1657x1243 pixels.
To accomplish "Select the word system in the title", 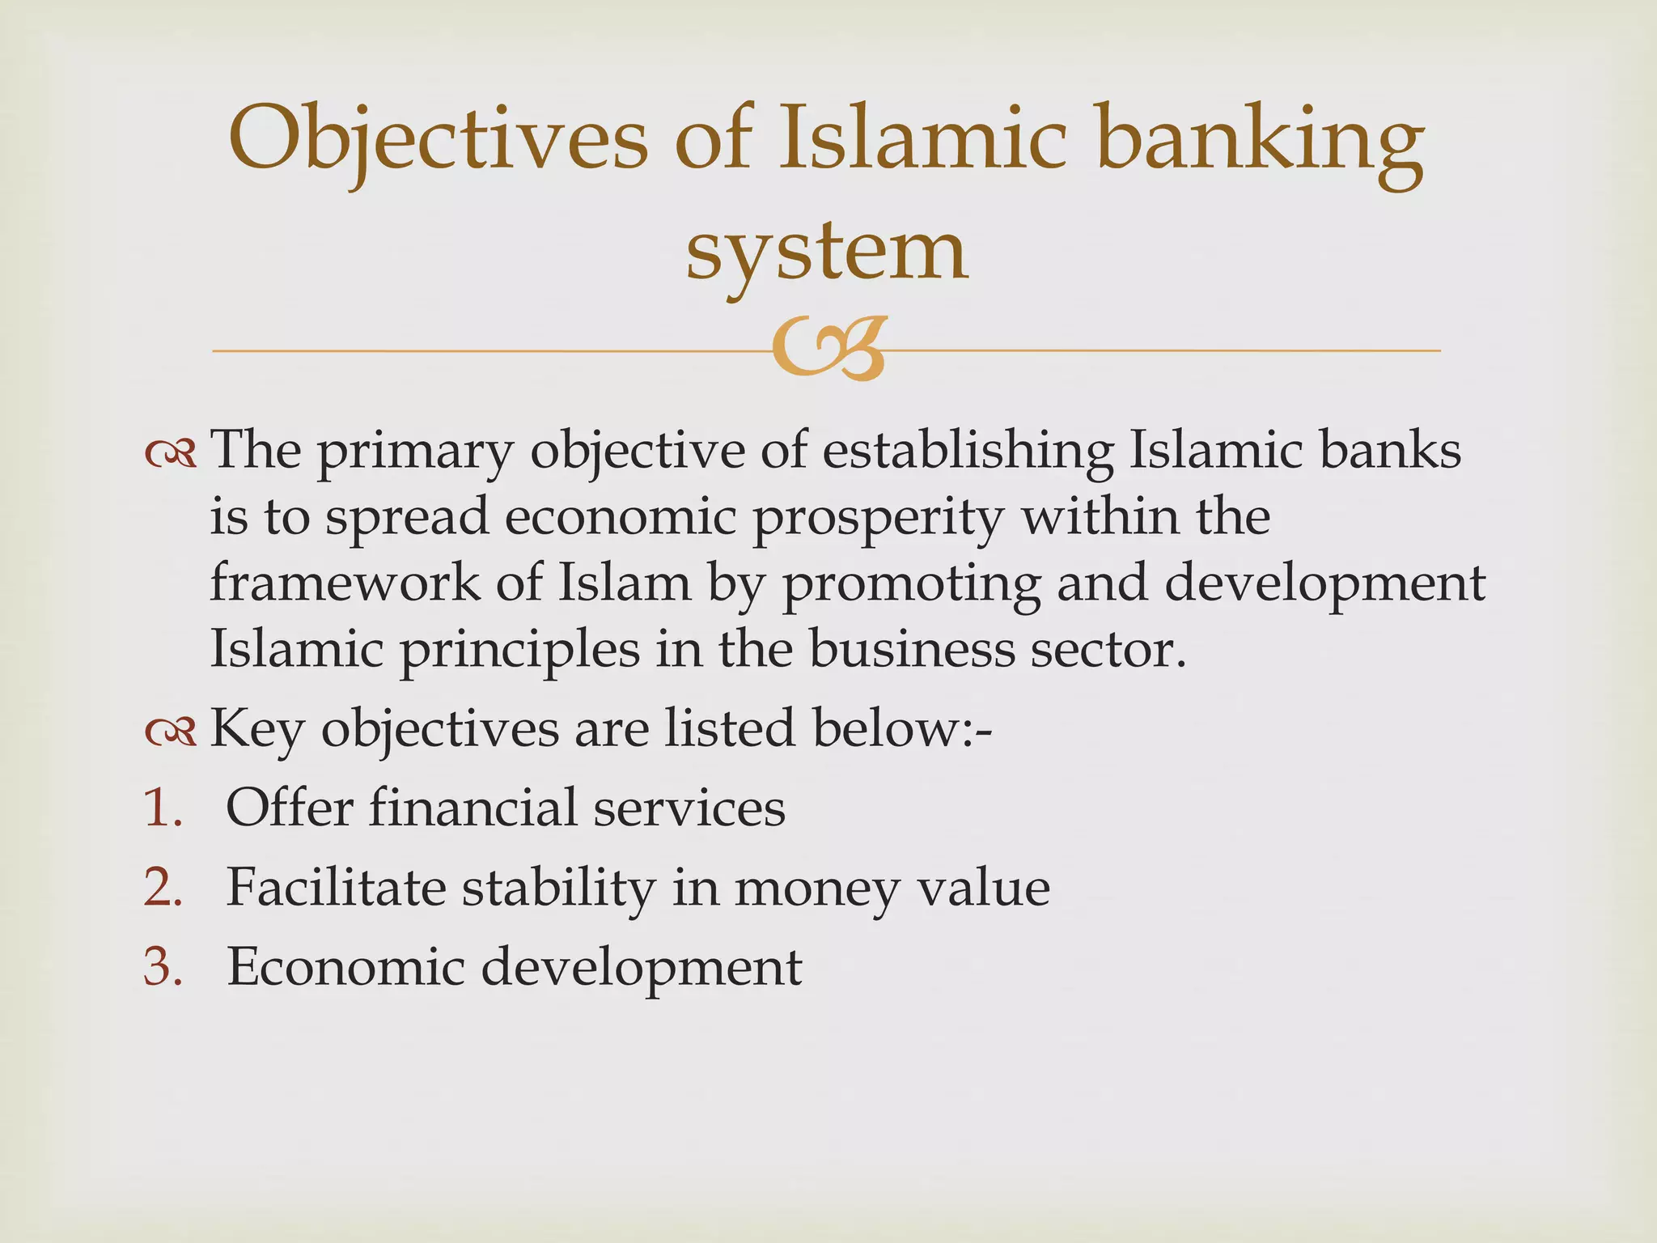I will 826,251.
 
